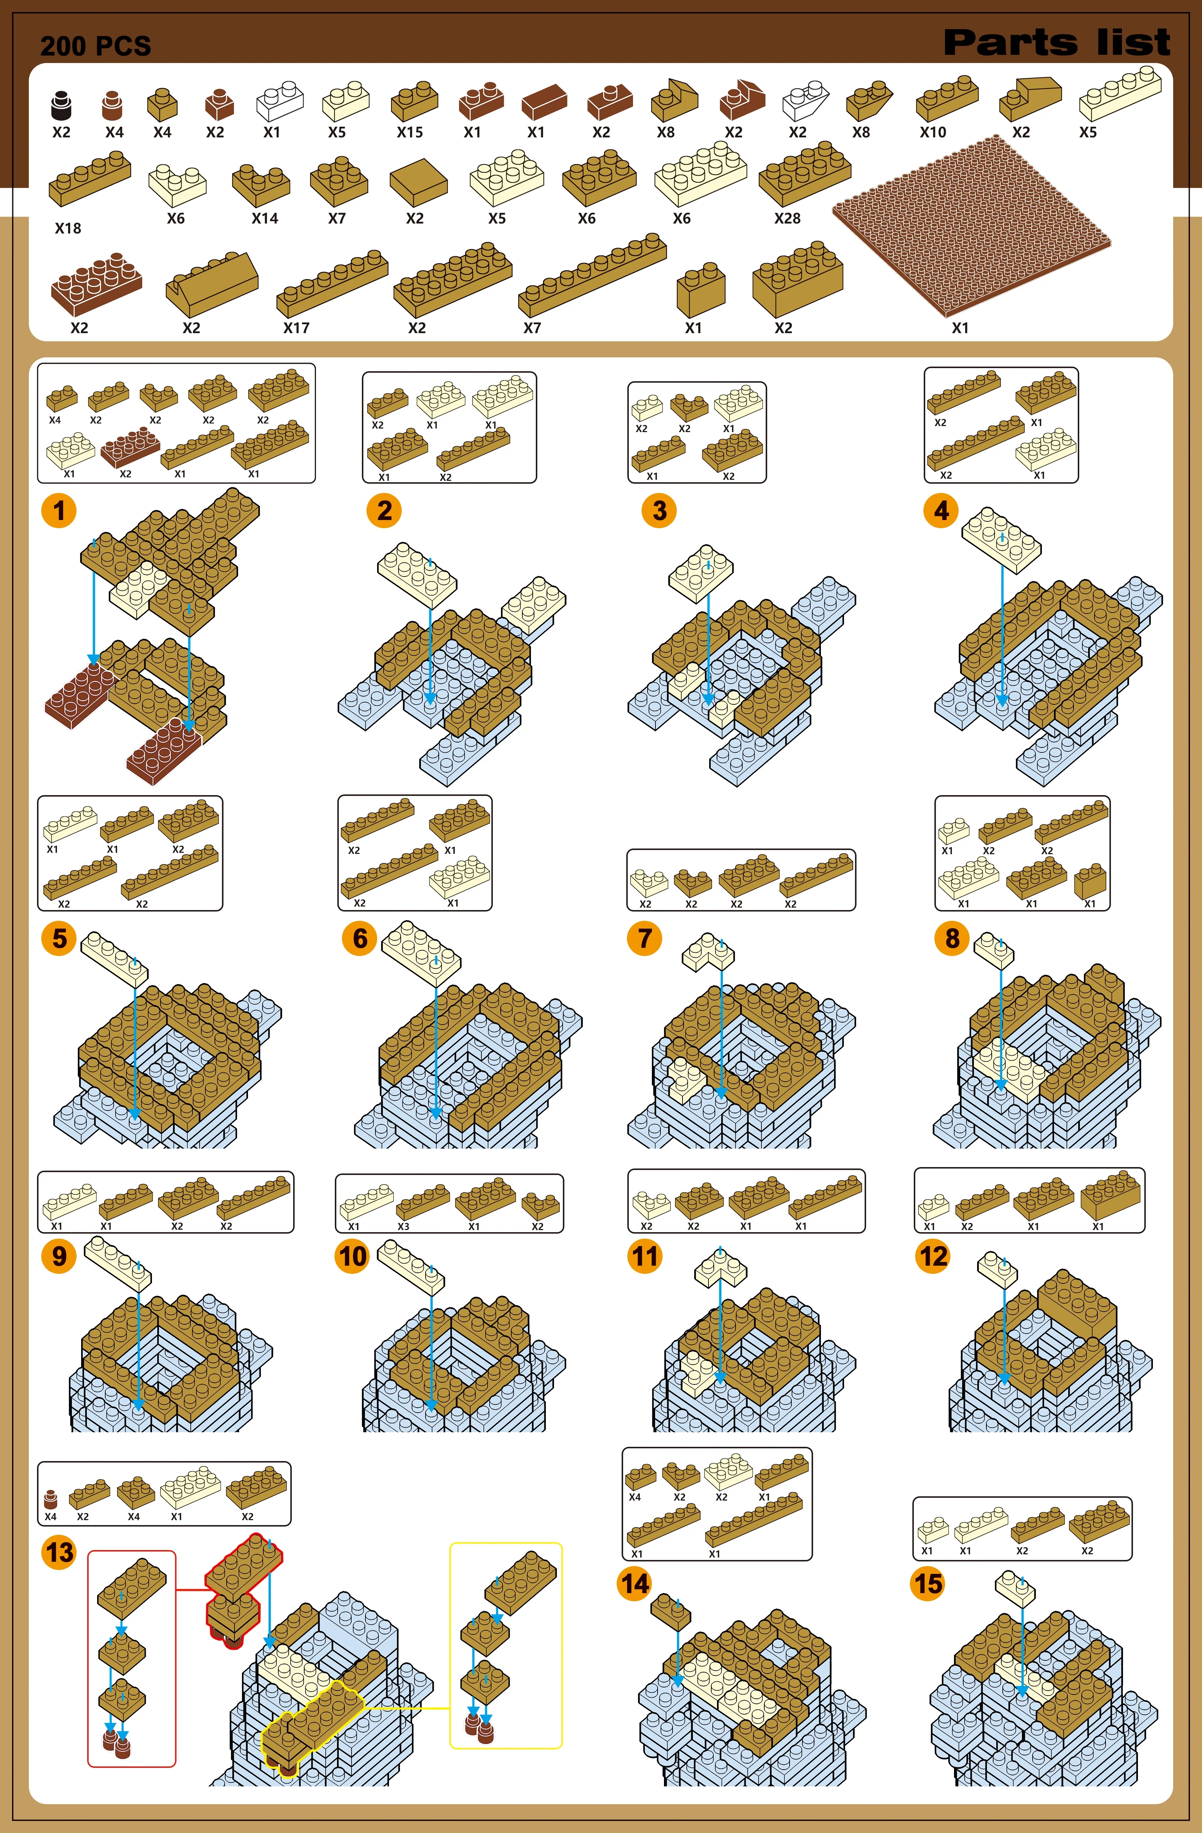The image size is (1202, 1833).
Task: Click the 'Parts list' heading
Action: [x=1056, y=42]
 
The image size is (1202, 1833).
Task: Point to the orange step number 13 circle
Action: [x=59, y=1552]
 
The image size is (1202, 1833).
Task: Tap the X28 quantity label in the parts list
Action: [x=787, y=219]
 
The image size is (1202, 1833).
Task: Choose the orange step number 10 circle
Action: [x=353, y=1256]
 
